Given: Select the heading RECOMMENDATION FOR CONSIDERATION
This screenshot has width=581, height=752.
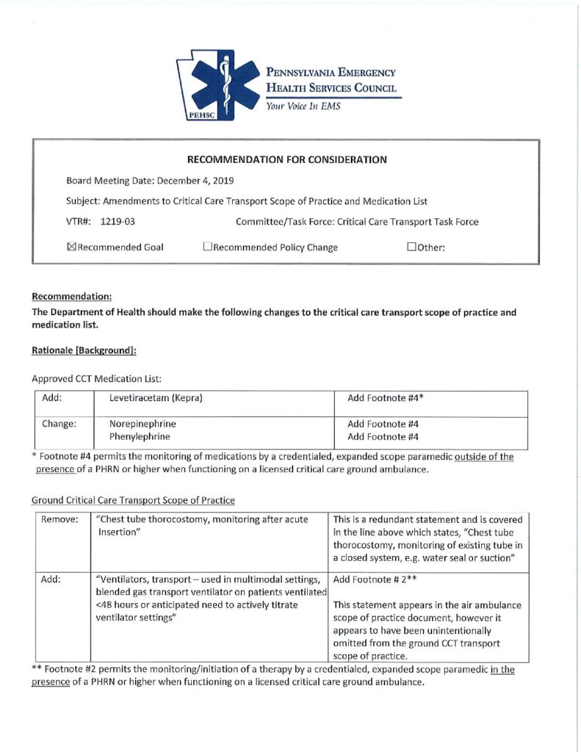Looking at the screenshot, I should (287, 159).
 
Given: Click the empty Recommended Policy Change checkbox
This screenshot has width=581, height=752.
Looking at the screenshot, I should (207, 247).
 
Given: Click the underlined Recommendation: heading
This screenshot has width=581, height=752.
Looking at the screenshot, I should (71, 297).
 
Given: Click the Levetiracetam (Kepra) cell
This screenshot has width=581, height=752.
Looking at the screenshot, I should (156, 398).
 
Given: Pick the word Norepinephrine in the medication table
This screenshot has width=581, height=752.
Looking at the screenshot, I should (142, 424).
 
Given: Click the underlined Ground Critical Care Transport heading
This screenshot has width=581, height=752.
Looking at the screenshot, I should (133, 500).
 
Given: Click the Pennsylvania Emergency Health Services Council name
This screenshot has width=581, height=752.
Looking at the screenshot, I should (331, 80).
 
